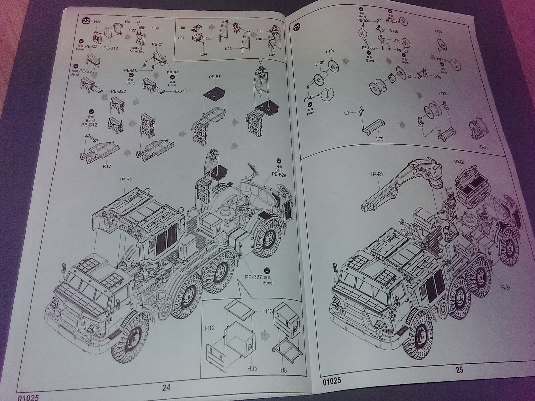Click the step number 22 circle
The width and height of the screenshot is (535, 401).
tap(86, 21)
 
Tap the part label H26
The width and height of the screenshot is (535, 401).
tap(98, 22)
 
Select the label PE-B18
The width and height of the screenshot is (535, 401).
tap(111, 48)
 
